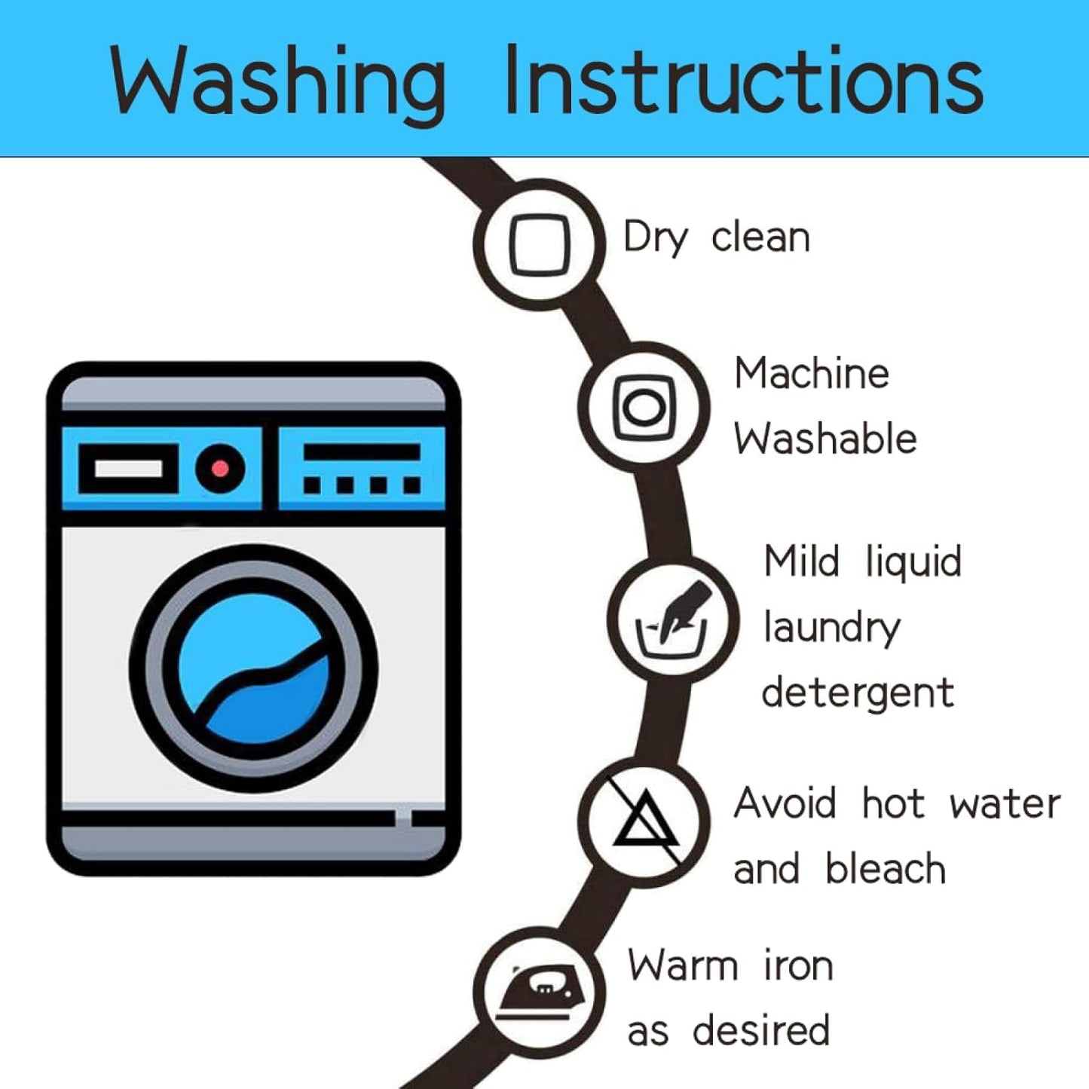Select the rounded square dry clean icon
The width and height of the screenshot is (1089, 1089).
coord(539,245)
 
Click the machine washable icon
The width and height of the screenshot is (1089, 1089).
coord(644,407)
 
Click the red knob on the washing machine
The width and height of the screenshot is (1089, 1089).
coord(220,469)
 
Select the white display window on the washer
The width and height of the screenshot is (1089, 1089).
coord(128,469)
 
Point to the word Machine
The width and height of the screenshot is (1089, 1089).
coord(812,374)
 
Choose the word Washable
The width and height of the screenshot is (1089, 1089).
coord(825,439)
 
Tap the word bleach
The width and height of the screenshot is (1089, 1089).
coord(886,868)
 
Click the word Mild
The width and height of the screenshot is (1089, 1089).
coord(801,561)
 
